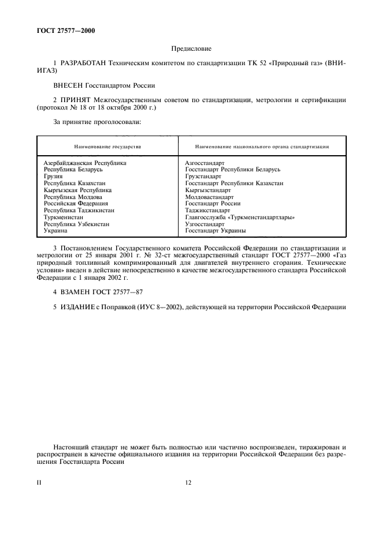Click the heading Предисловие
(191, 50)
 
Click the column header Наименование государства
(107, 147)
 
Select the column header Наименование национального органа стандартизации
(262, 147)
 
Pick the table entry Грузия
(54, 177)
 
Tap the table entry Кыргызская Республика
(77, 190)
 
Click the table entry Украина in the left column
(56, 230)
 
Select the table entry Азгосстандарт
(205, 163)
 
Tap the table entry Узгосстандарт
(205, 224)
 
